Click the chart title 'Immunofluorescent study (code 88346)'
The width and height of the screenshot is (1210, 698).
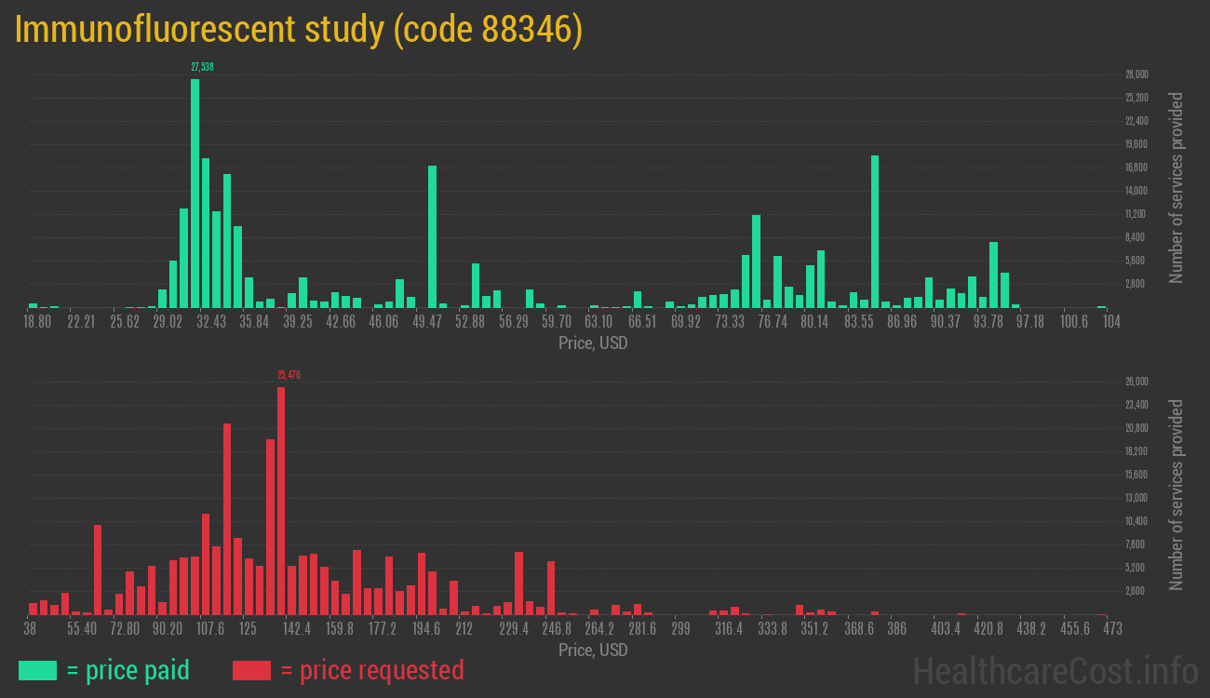299,30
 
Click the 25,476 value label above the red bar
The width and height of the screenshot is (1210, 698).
289,375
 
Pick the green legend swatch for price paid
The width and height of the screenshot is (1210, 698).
37,670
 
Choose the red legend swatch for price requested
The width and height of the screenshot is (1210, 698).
251,670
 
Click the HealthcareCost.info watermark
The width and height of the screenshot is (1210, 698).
1055,670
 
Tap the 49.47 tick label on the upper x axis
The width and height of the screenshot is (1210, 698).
427,322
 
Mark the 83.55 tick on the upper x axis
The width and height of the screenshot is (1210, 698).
859,322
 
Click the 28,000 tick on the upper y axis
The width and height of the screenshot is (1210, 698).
1136,74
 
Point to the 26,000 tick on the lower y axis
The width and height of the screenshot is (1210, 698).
1136,382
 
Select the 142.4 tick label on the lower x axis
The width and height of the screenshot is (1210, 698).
297,629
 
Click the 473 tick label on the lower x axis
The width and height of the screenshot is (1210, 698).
1112,629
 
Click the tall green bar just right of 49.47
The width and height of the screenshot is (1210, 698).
432,236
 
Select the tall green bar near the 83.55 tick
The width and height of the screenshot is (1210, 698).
875,232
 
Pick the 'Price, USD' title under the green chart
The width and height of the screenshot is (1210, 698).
593,343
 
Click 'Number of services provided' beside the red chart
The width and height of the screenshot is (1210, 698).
1176,495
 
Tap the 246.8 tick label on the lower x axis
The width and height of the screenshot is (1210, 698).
557,629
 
